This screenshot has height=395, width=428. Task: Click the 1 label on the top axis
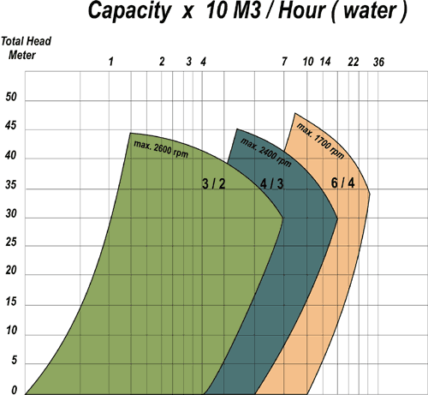tap(110, 62)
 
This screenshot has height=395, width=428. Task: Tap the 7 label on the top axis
tap(284, 62)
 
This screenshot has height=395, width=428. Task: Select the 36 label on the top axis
tap(379, 62)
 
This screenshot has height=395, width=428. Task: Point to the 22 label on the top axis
tap(353, 62)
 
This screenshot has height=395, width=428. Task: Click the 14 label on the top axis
tap(325, 62)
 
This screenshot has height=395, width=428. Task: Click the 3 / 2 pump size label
tap(213, 184)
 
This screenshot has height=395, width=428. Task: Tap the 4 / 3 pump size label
tap(271, 184)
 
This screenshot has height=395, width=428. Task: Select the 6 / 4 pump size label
tap(342, 184)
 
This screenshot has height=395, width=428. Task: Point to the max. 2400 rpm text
tap(262, 153)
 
